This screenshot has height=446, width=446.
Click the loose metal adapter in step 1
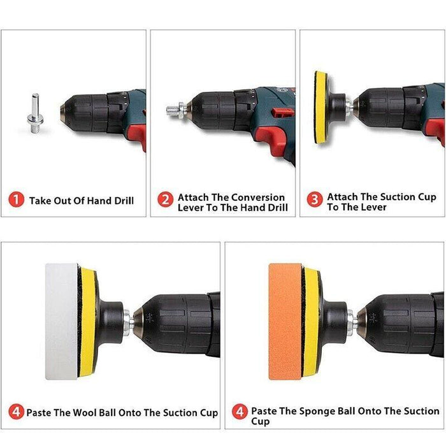(36, 114)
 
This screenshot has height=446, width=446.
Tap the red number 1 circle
(16, 199)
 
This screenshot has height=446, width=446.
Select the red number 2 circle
(165, 199)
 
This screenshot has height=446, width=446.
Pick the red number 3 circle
(315, 199)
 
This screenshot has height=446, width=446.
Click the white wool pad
(61, 321)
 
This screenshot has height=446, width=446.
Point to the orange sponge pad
(285, 321)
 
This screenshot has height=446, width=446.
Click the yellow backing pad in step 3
(321, 107)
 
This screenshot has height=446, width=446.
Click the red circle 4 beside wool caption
(16, 412)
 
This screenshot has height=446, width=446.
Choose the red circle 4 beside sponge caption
(240, 412)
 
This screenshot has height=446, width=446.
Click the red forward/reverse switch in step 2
(281, 111)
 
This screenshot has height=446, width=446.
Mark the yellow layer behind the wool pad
(88, 322)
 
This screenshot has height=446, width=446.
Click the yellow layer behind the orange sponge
(311, 322)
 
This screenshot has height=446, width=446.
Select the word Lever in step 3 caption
(375, 207)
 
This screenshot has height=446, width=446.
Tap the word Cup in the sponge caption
(260, 422)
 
